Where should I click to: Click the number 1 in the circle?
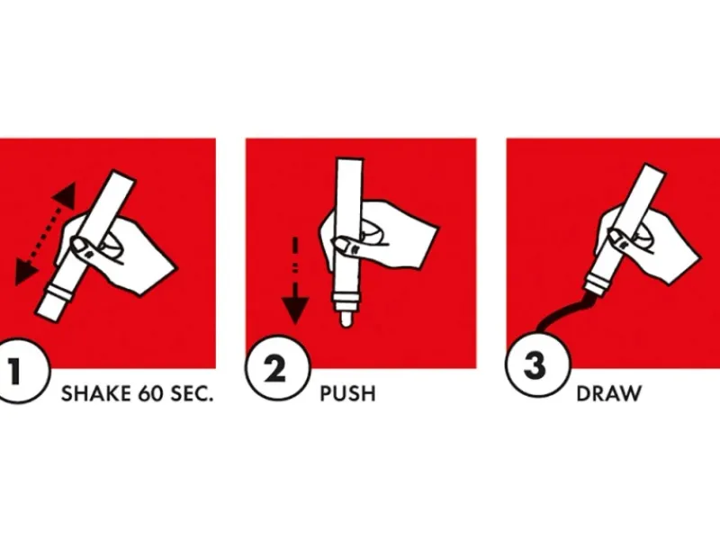pos(15,371)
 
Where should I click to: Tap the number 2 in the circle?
pos(275,370)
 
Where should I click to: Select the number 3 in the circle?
pos(535,366)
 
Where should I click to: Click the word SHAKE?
pos(95,394)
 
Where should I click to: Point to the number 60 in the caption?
pos(150,394)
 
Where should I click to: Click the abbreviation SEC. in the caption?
pos(192,394)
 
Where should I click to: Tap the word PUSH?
pos(347,394)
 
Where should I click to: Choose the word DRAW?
pos(608,394)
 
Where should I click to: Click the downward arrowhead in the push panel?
pos(295,309)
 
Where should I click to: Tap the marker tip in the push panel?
pos(346,319)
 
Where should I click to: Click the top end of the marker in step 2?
pos(350,160)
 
